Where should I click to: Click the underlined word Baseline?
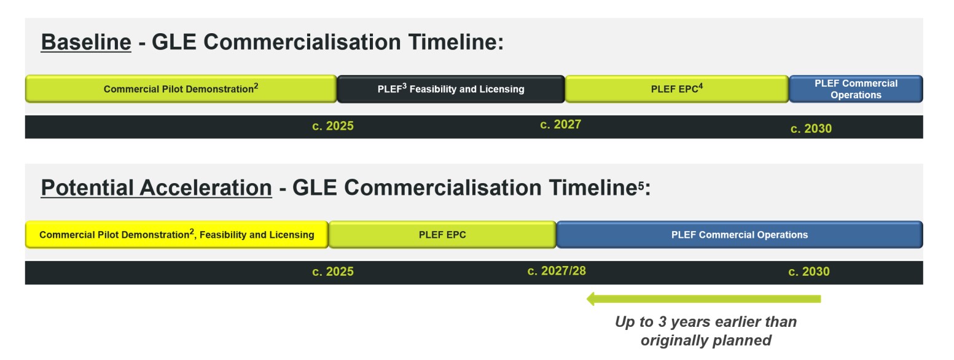pyautogui.click(x=86, y=42)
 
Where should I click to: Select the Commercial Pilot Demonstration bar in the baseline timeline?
pyautogui.click(x=181, y=89)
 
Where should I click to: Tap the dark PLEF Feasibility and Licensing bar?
pyautogui.click(x=451, y=89)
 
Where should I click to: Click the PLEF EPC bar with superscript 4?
pyautogui.click(x=677, y=89)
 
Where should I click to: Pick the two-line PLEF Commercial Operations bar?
pyautogui.click(x=856, y=89)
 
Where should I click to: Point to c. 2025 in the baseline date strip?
pyautogui.click(x=333, y=126)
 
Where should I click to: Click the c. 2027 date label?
pyautogui.click(x=560, y=124)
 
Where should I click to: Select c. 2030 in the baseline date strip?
pyautogui.click(x=811, y=128)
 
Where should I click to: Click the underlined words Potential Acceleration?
pyautogui.click(x=156, y=188)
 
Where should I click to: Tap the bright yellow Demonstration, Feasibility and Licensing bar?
pyautogui.click(x=177, y=235)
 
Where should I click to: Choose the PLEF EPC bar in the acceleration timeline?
pyautogui.click(x=442, y=235)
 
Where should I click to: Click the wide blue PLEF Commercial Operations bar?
pyautogui.click(x=740, y=235)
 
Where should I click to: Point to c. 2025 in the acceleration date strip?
pyautogui.click(x=333, y=272)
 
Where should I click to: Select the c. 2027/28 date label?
pyautogui.click(x=557, y=271)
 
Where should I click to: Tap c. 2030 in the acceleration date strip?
pyautogui.click(x=809, y=272)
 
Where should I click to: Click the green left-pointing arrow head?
pyautogui.click(x=590, y=299)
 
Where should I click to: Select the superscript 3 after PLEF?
pyautogui.click(x=404, y=86)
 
